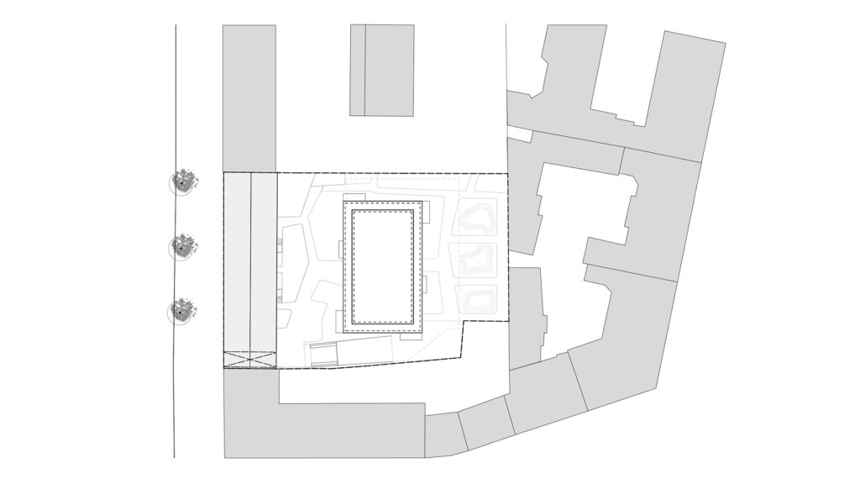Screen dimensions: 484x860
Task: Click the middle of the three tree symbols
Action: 183,246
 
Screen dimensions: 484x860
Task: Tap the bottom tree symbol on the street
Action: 181,312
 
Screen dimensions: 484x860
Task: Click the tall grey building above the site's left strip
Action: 249,97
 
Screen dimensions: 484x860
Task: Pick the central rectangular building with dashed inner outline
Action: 383,266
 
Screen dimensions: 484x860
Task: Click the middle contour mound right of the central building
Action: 475,260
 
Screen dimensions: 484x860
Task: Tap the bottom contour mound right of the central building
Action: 476,300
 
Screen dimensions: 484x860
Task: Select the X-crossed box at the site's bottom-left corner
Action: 249,360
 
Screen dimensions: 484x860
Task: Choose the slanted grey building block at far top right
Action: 680,92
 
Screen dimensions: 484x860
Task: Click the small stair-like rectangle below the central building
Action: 322,355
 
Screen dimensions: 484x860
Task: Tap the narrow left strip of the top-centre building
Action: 358,70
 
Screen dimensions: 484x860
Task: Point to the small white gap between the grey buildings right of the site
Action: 520,134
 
